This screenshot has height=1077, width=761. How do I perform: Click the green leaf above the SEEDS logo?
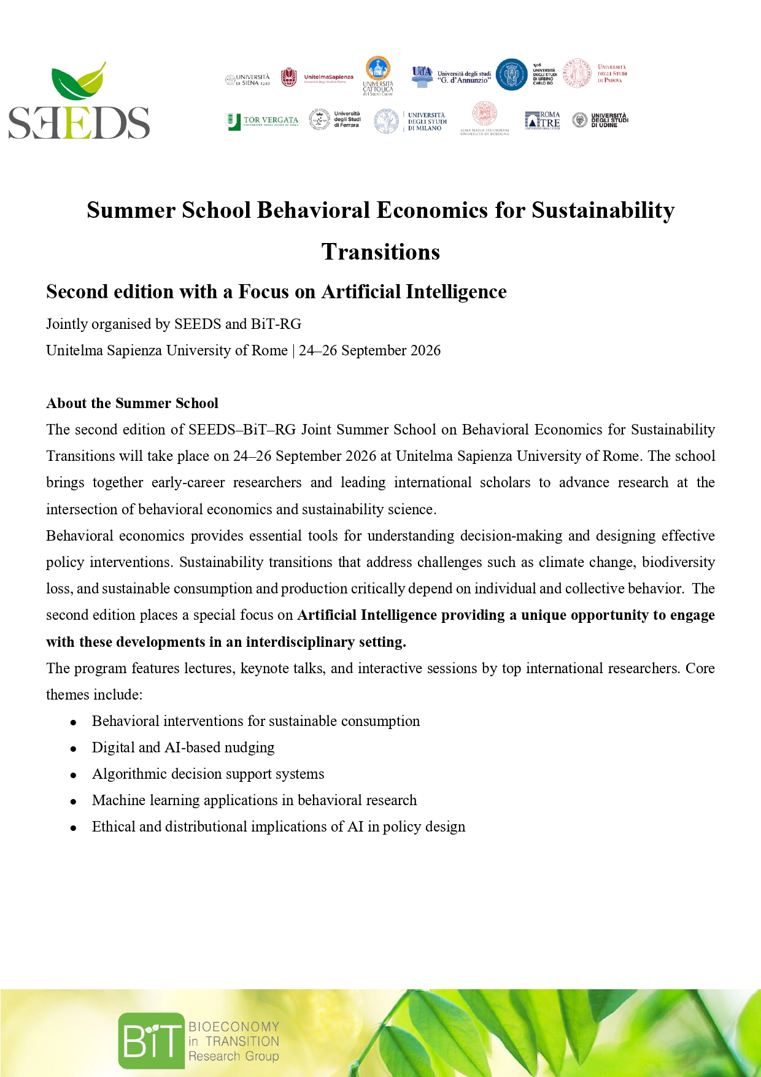click(79, 82)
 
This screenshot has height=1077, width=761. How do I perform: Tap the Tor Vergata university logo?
click(262, 121)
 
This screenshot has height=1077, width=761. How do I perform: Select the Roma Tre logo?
click(543, 120)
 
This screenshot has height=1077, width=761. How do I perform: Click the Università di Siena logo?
click(247, 80)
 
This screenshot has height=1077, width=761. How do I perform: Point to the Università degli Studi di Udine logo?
click(600, 120)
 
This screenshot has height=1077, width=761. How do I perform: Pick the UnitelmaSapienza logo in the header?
click(317, 78)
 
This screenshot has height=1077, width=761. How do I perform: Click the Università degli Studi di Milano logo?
click(411, 121)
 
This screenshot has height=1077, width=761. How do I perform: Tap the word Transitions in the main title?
click(381, 252)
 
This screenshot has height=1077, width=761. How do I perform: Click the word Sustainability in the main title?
click(603, 210)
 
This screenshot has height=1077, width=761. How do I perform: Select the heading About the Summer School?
click(132, 403)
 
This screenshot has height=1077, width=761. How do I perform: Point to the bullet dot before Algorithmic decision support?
click(74, 775)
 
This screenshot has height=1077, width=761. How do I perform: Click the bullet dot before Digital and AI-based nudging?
click(74, 749)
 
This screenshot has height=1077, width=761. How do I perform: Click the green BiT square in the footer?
click(151, 1041)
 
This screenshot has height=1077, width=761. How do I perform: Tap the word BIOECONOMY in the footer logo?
click(233, 1027)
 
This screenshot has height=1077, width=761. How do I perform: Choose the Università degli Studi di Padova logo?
click(595, 74)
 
